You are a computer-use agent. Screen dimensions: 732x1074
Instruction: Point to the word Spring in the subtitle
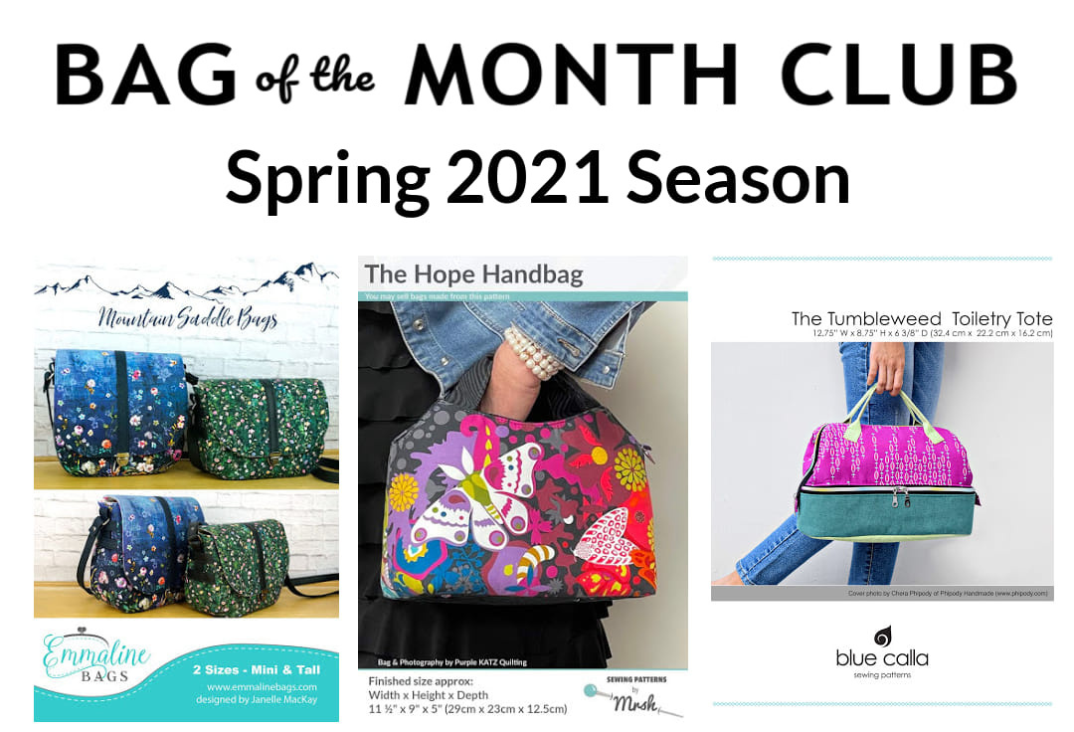[x=323, y=179]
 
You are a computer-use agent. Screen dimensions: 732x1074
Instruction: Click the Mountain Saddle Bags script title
[x=187, y=320]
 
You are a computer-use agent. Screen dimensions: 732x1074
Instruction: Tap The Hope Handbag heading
[x=473, y=274]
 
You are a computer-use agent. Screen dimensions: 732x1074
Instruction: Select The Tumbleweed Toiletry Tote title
[x=921, y=318]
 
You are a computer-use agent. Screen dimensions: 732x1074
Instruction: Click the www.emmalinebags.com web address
[x=263, y=686]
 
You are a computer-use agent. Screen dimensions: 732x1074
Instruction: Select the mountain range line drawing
[x=187, y=283]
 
